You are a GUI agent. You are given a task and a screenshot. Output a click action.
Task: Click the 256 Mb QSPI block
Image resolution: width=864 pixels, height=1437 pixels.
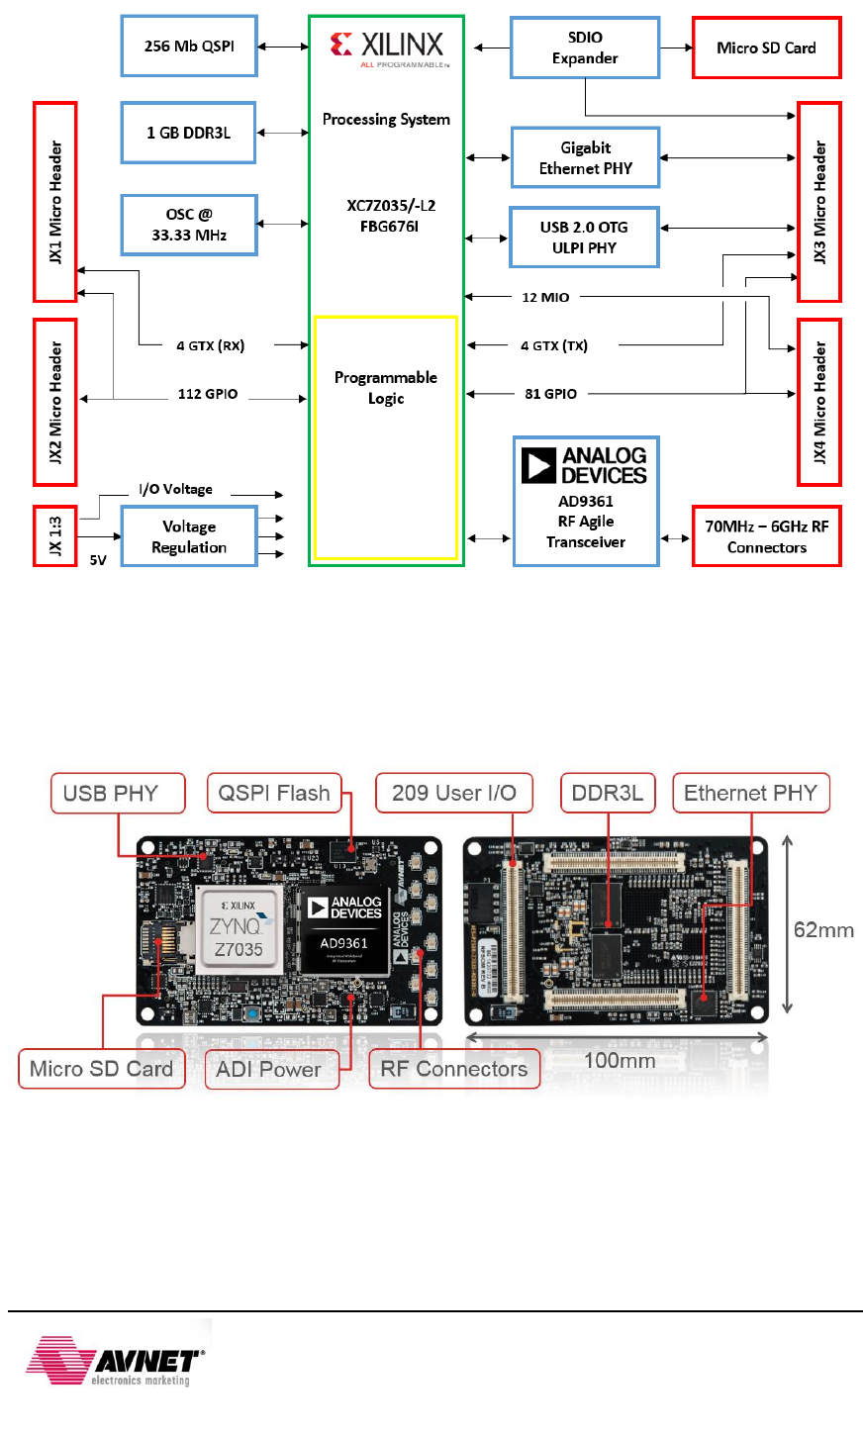[189, 47]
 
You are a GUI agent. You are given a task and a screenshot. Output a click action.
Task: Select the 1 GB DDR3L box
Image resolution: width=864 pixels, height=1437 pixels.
[189, 133]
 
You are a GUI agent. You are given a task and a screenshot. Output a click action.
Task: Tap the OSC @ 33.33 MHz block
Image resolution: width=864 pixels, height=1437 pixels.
[189, 225]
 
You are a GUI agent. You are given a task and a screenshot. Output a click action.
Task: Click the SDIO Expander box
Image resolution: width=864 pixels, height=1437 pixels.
[585, 48]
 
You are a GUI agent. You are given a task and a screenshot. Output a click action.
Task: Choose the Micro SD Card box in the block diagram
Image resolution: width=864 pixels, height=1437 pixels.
[766, 48]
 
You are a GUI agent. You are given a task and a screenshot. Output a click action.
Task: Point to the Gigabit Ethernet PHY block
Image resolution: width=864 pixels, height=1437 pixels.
[585, 158]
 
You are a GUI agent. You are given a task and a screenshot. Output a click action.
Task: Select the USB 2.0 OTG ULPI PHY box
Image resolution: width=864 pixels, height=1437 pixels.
[584, 238]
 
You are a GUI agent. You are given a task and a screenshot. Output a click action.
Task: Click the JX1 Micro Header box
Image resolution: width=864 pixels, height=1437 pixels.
[55, 202]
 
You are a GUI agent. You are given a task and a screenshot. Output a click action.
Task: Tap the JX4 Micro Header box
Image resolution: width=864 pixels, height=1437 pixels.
[819, 402]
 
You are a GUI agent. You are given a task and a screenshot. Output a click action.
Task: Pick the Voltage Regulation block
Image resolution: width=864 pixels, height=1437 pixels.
[189, 536]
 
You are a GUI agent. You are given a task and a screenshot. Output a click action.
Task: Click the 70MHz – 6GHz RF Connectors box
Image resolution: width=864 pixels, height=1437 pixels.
[766, 536]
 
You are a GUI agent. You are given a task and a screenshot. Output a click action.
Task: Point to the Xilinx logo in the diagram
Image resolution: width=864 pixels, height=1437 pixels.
[387, 47]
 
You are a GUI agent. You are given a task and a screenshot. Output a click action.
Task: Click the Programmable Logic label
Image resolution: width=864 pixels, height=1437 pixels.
[386, 388]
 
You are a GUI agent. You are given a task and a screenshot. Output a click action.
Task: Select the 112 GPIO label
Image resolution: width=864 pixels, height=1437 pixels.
[208, 394]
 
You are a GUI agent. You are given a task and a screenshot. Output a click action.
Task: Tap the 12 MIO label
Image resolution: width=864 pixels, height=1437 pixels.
[545, 297]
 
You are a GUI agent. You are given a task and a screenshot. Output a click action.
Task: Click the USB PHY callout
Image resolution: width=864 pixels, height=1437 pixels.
[118, 793]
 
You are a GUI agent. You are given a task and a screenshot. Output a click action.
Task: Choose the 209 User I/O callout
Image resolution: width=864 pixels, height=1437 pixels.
[454, 793]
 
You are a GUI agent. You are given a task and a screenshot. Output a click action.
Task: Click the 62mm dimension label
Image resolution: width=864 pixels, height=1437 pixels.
[823, 929]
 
